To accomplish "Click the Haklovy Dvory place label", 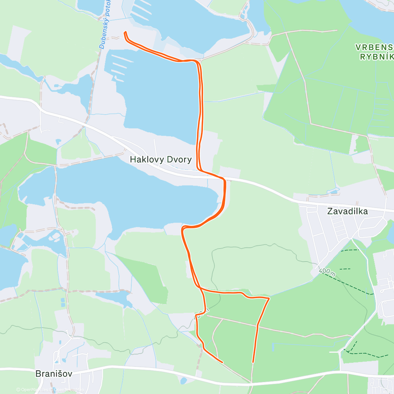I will coord(161,160).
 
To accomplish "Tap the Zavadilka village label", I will coord(347,211).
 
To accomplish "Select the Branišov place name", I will coord(54,373).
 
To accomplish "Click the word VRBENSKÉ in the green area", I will coord(374,47).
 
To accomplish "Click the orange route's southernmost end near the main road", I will coord(253,362).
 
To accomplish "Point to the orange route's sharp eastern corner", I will coord(269,298).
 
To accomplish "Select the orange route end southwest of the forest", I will coord(223,362).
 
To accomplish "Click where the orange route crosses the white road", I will coord(224,179).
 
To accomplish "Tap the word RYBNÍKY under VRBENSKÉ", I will coord(377,57).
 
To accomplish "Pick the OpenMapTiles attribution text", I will coord(32,390).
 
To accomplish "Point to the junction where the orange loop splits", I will coord(200,288).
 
